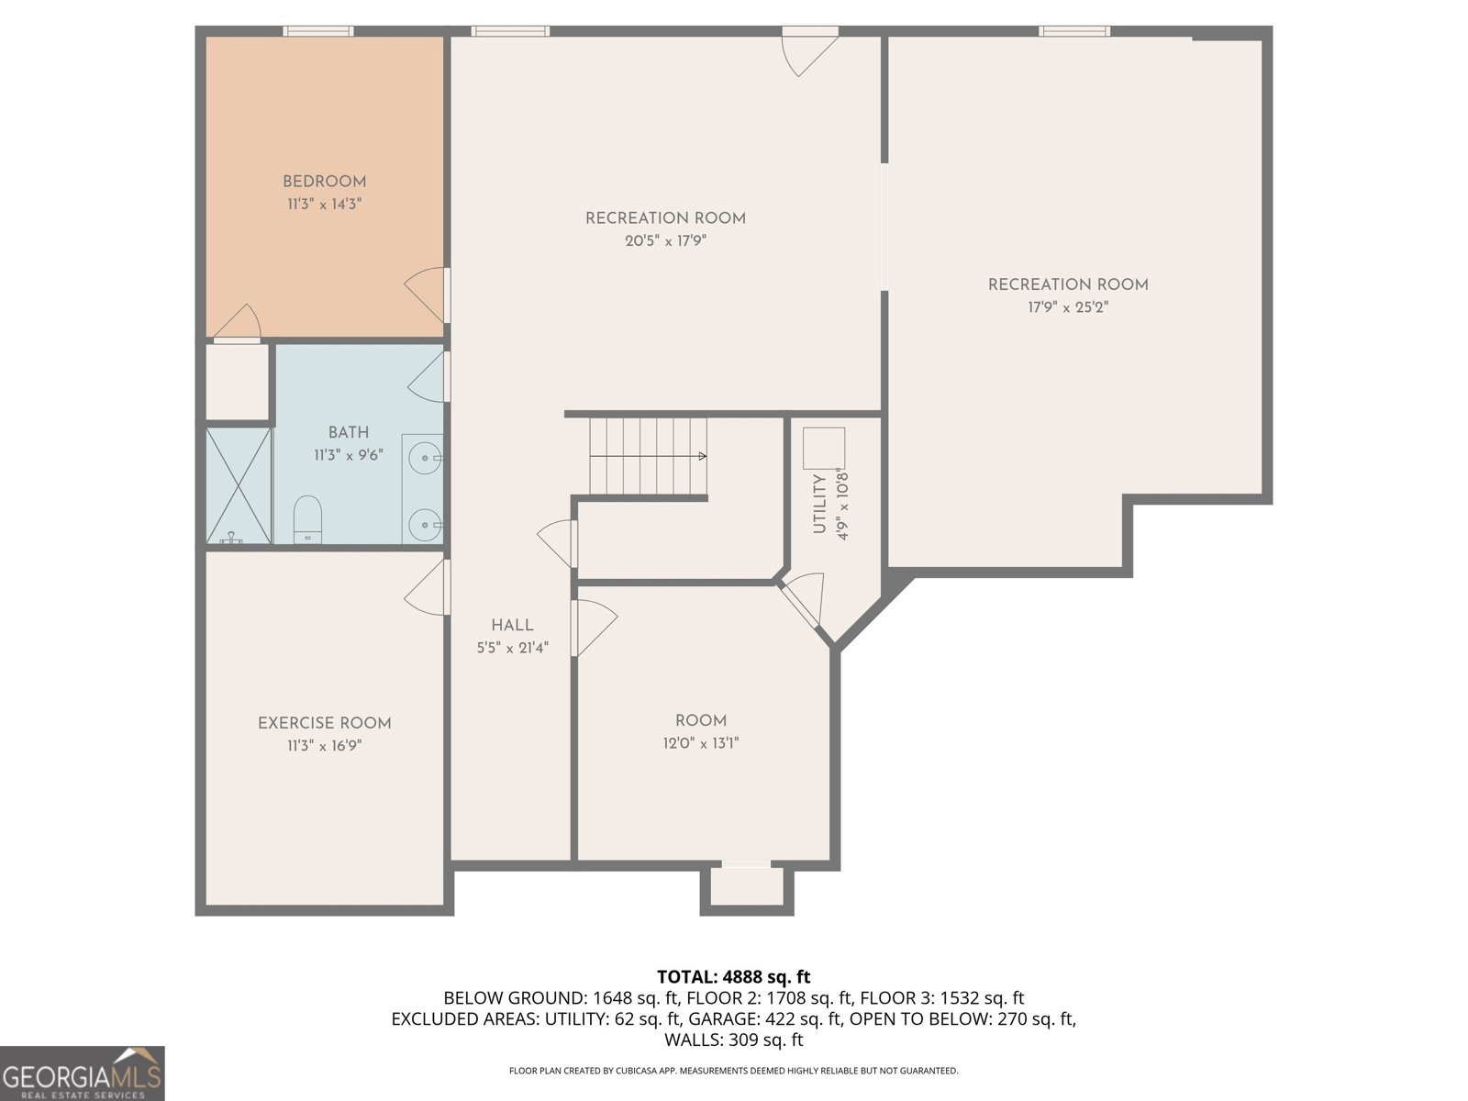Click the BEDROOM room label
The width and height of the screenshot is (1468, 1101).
[325, 182]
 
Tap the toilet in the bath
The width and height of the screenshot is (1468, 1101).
[307, 519]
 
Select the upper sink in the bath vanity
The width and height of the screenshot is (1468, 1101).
[425, 459]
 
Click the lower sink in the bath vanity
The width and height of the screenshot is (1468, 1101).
[425, 525]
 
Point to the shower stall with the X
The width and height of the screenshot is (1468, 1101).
[239, 485]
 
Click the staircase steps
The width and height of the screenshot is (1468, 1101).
[648, 457]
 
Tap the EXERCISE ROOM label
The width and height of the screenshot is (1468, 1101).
[325, 723]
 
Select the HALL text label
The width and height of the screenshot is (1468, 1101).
[512, 626]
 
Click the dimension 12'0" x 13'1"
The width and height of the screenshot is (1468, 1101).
[701, 743]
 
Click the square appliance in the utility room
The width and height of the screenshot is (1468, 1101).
[824, 448]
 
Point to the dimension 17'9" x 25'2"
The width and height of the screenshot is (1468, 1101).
[1068, 307]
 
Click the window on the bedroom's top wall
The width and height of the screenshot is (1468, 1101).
[318, 31]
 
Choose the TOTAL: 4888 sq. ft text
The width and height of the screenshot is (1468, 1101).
[734, 977]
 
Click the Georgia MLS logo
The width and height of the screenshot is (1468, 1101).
[83, 1073]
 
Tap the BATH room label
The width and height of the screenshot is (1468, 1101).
[349, 432]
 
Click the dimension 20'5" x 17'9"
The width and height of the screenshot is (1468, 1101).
[665, 240]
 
